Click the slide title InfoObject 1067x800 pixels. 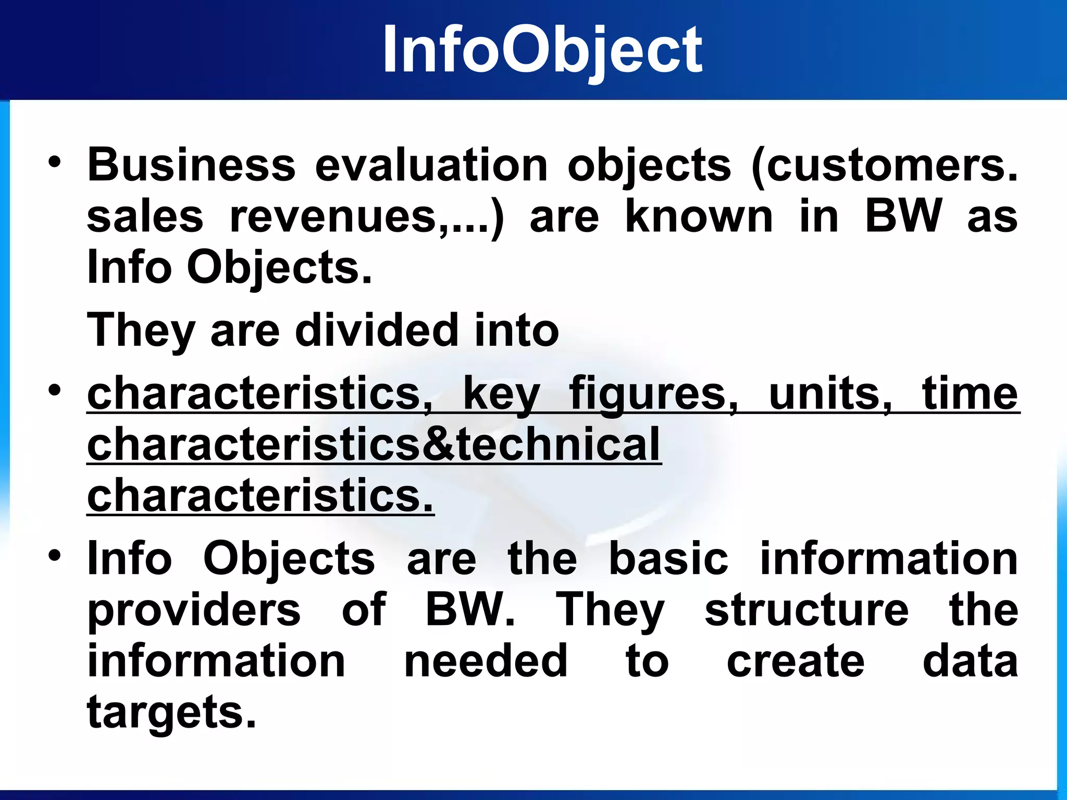542,51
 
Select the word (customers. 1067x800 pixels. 884,166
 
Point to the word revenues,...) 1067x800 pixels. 367,217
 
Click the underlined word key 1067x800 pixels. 501,394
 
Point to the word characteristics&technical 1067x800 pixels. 374,444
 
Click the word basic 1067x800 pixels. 668,558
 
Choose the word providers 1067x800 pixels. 194,610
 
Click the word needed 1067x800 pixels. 486,660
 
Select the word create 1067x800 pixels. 796,660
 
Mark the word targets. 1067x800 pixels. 171,712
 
